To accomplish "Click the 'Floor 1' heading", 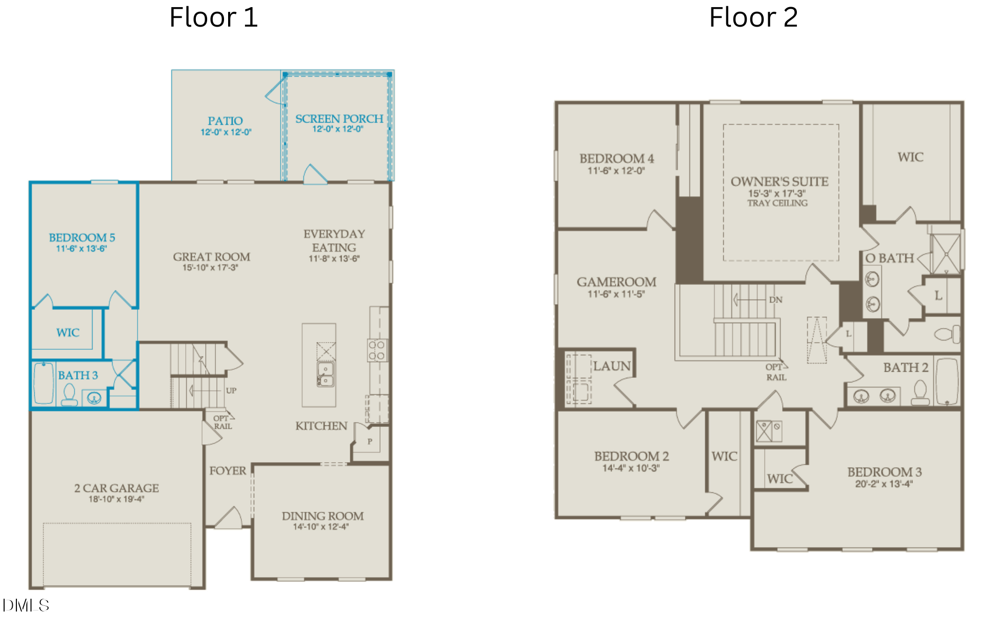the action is point(214,17).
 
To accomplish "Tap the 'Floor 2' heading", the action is point(753,17).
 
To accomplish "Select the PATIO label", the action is point(225,121).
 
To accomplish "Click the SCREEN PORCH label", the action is point(339,119).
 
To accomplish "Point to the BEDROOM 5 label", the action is point(82,238).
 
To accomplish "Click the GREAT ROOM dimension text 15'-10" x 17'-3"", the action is point(210,267).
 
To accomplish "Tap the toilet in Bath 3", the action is point(70,395).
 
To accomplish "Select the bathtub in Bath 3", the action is point(43,383).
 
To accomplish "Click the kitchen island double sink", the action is point(325,374).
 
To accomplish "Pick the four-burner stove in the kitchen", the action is point(377,350).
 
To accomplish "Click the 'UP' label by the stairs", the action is point(231,391).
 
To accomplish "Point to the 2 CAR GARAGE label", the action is point(117,488).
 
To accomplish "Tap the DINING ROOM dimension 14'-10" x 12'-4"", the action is point(321,527).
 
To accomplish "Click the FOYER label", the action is point(228,470).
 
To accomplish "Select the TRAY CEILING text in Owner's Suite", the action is point(777,203).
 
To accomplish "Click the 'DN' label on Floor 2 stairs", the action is point(776,300).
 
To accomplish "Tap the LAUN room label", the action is point(612,366).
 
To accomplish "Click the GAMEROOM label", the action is point(616,282).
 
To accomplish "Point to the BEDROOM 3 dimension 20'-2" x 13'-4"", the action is point(884,484).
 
